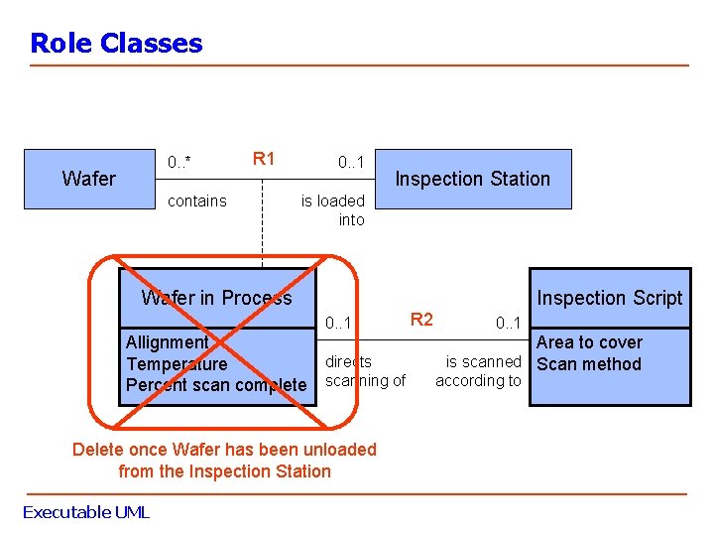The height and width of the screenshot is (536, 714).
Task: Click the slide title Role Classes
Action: pyautogui.click(x=116, y=44)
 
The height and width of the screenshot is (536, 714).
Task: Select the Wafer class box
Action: pyautogui.click(x=89, y=179)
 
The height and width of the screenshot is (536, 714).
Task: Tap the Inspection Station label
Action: pyautogui.click(x=472, y=179)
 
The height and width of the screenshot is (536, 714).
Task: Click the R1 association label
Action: pyautogui.click(x=264, y=159)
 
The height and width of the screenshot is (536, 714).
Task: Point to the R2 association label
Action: pyautogui.click(x=421, y=319)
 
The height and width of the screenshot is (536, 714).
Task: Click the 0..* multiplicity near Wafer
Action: pyautogui.click(x=179, y=162)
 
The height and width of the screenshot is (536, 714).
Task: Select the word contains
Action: pyautogui.click(x=197, y=201)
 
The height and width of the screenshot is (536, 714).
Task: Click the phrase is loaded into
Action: pyautogui.click(x=334, y=209)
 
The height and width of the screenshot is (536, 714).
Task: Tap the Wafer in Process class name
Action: pyautogui.click(x=216, y=298)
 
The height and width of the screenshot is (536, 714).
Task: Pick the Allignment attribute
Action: pyautogui.click(x=167, y=342)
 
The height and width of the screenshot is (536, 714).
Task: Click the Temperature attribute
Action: pyautogui.click(x=177, y=364)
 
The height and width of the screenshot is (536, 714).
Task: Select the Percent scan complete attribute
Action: pyautogui.click(x=216, y=385)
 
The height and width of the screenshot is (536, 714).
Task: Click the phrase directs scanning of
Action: pyautogui.click(x=365, y=371)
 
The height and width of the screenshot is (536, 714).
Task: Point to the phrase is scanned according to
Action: pyautogui.click(x=480, y=371)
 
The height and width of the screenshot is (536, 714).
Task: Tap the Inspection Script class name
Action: pyautogui.click(x=609, y=298)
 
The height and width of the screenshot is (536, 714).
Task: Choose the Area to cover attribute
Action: pyautogui.click(x=589, y=342)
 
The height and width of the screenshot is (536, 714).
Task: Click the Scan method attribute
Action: pyautogui.click(x=589, y=364)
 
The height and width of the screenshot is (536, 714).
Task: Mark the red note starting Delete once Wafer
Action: pyautogui.click(x=224, y=461)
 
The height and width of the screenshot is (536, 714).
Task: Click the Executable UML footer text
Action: pyautogui.click(x=85, y=512)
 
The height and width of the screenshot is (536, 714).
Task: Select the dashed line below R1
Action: pyautogui.click(x=263, y=238)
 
